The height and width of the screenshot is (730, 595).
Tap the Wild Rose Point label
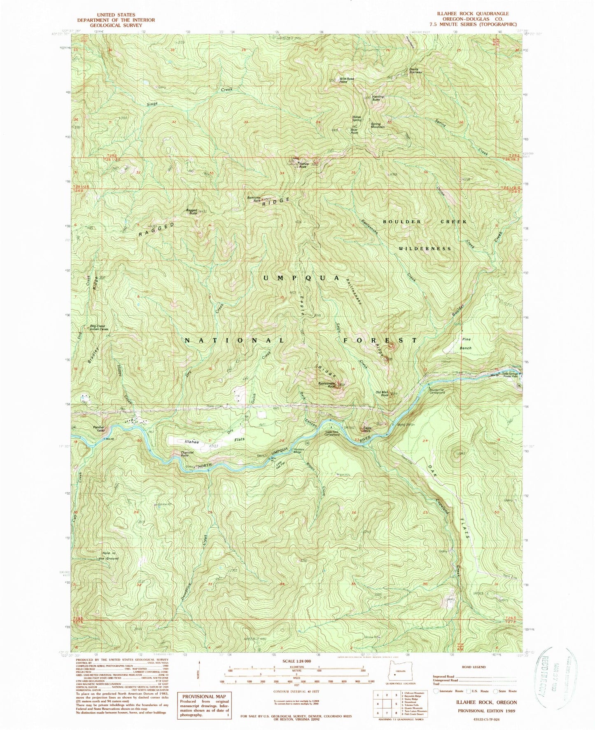coord(346,80)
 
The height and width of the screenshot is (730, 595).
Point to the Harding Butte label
coord(378,98)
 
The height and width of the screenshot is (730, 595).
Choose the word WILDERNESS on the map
coord(425,249)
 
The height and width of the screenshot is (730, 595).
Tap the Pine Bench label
coord(467,344)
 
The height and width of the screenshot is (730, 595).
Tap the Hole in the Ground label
coord(110,556)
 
